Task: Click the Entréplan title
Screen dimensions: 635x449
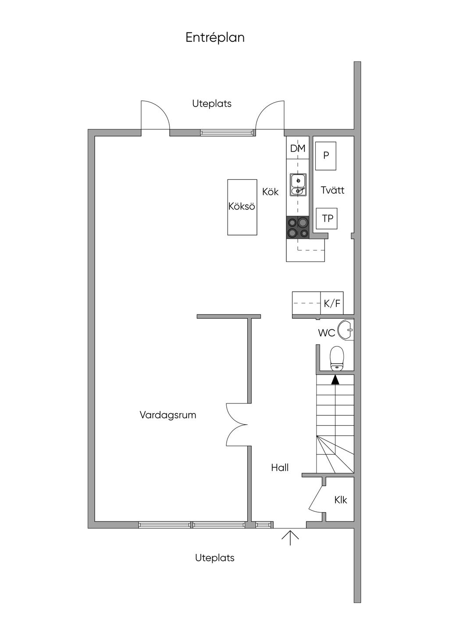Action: point(215,38)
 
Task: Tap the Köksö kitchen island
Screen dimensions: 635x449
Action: point(242,207)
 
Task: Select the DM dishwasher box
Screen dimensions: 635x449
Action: point(298,149)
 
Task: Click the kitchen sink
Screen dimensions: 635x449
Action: point(298,185)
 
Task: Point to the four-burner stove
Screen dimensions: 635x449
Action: point(298,228)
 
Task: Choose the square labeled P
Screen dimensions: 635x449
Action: point(326,156)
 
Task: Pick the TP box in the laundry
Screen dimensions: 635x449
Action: point(327,218)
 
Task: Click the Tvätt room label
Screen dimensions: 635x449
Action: point(332,190)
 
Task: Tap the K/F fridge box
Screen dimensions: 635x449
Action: point(332,303)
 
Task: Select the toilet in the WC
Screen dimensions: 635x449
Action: point(337,357)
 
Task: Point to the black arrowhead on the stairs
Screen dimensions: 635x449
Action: point(335,380)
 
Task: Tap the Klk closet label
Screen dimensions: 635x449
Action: point(341,500)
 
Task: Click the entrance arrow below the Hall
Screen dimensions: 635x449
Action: point(290,537)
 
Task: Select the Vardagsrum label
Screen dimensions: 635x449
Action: point(168,415)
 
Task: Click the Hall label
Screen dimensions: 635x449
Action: point(280,468)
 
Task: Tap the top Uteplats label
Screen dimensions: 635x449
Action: point(212,104)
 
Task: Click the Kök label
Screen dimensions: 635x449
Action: point(271,192)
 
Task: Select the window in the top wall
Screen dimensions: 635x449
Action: point(227,132)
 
